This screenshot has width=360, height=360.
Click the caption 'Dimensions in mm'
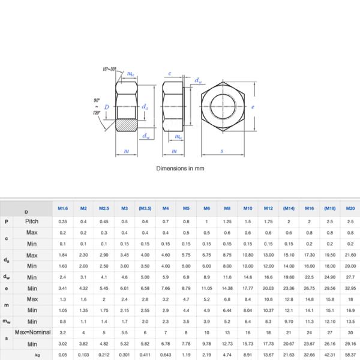[180, 169]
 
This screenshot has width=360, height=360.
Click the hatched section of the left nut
[126, 126]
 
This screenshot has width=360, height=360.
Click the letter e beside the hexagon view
[254, 107]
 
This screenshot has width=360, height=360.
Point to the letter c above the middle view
[170, 74]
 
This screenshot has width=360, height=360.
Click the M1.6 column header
[63, 208]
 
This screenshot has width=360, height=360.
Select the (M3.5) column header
[145, 208]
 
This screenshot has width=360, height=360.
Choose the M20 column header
[350, 208]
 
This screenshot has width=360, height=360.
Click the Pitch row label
[32, 221]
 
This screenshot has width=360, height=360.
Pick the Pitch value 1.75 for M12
[268, 221]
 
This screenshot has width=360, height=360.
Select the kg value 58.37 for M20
[350, 355]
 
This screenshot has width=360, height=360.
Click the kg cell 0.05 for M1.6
[63, 355]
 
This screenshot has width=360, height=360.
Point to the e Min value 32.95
[350, 288]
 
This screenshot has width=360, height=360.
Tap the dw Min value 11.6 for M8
[227, 277]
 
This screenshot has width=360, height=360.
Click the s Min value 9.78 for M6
[206, 344]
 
